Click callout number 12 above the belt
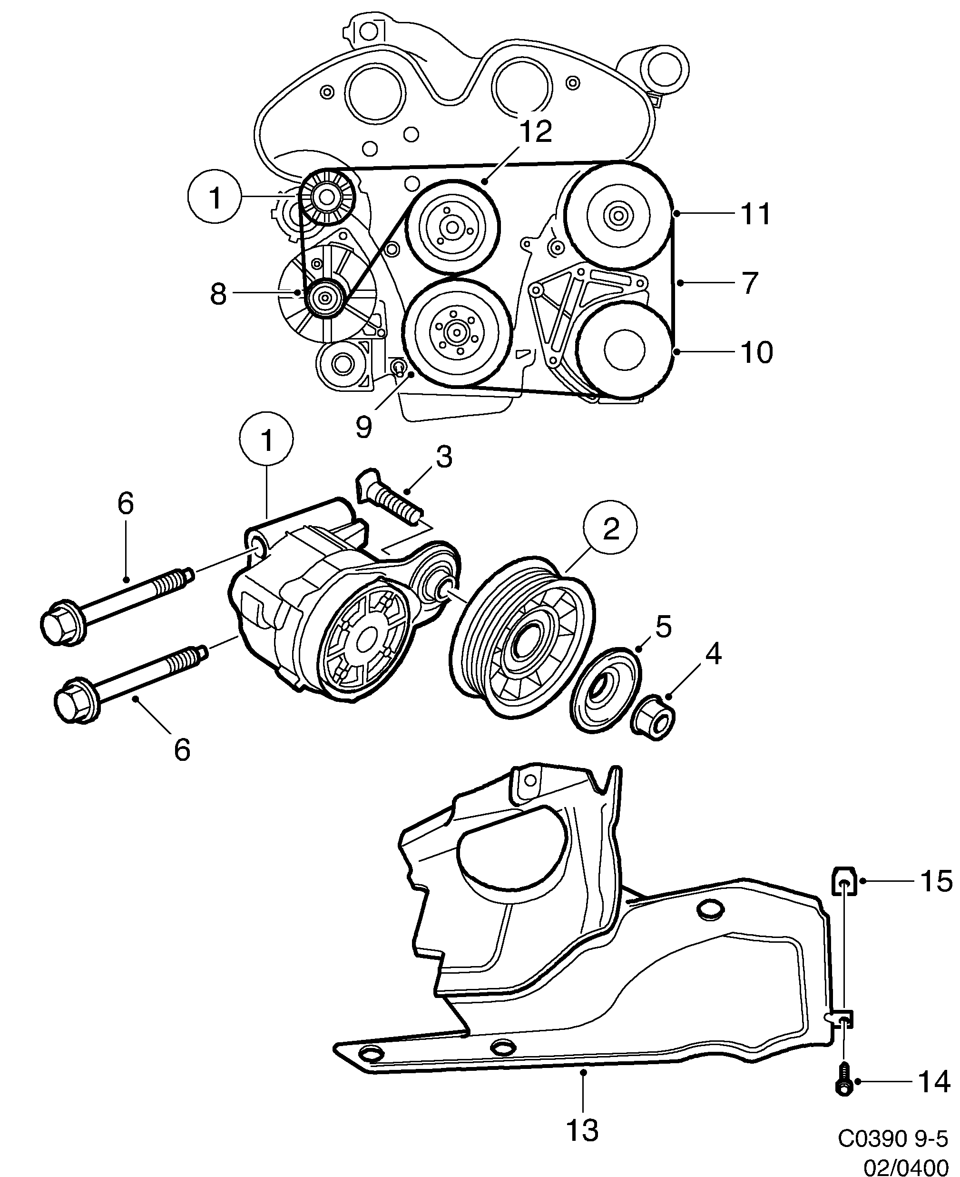(535, 132)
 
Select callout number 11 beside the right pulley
(755, 214)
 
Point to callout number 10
(756, 352)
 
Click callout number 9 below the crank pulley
(363, 427)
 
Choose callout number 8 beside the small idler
(218, 294)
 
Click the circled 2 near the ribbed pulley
(610, 529)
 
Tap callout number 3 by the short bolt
(443, 457)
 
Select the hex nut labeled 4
(654, 718)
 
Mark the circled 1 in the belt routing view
(215, 198)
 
